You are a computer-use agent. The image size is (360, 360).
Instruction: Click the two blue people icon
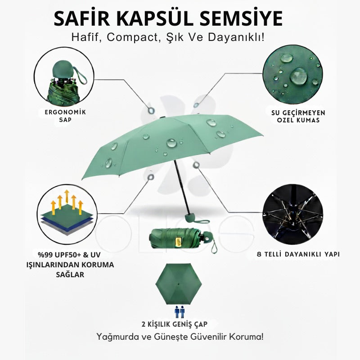179,312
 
